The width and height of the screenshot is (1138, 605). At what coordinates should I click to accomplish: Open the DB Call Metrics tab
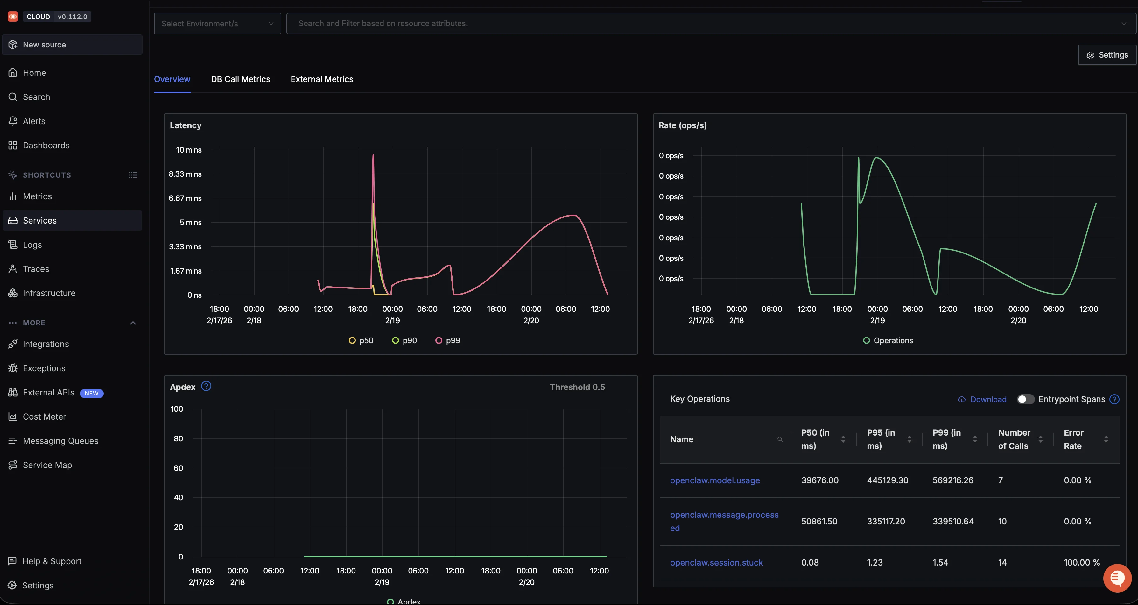click(240, 79)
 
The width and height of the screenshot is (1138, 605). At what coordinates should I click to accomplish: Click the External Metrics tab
click(322, 79)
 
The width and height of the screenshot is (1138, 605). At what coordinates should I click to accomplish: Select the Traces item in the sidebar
click(36, 269)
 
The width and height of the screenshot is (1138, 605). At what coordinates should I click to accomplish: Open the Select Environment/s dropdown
click(217, 24)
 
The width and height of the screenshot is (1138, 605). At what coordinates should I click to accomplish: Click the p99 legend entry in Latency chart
click(448, 340)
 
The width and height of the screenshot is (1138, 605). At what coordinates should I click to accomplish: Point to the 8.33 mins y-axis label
click(185, 174)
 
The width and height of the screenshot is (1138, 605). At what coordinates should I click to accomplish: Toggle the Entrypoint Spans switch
click(1025, 399)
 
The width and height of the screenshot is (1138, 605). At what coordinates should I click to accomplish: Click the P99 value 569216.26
click(952, 480)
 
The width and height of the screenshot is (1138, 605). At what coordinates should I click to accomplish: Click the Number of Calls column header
click(1014, 439)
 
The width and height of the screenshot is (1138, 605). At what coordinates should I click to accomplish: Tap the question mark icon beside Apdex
click(206, 386)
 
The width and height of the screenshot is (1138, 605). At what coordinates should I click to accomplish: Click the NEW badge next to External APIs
click(91, 393)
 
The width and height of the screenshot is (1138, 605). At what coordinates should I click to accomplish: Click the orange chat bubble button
click(1117, 578)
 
